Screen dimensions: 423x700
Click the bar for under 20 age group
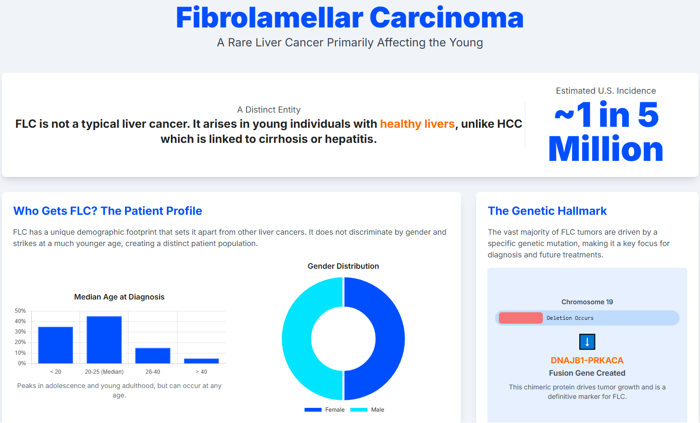tap(55, 345)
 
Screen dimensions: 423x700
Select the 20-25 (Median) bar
tap(104, 340)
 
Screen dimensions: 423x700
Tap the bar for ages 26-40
tap(153, 355)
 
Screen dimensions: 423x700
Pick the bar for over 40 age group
tap(201, 361)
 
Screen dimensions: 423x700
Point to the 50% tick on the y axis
tap(20, 311)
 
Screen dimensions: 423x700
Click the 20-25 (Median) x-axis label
tap(104, 372)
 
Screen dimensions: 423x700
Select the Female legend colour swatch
tap(313, 410)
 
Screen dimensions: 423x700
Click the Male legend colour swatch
tap(359, 410)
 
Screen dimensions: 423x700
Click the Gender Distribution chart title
tap(343, 266)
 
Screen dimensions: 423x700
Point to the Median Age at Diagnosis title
tap(119, 297)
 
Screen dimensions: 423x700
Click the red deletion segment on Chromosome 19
tap(521, 318)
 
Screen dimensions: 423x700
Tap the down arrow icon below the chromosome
tap(587, 342)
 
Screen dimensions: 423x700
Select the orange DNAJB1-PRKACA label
tap(587, 361)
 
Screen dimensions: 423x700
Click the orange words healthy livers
tap(417, 124)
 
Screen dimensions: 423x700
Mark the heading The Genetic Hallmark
tap(547, 211)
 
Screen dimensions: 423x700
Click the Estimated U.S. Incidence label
tap(606, 91)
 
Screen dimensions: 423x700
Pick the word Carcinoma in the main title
tap(446, 18)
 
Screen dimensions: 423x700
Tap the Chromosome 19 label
tap(587, 302)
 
